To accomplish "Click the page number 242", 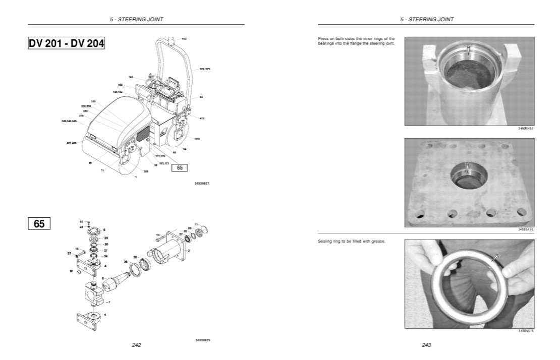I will point(136,345).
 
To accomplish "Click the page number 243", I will point(426,345).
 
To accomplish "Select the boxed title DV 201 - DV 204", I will point(67,44).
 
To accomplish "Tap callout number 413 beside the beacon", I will point(184,39).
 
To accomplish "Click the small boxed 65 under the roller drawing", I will point(179,168).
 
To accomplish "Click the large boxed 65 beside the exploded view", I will point(39,223).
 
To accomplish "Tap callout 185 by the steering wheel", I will point(131,77).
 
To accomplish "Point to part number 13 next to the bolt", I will point(157,235).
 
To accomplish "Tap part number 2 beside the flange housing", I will point(189,250).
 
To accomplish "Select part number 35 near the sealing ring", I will point(125,262).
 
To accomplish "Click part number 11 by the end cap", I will point(197,224).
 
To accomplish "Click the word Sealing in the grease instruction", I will point(324,242).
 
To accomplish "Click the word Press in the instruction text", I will point(324,38).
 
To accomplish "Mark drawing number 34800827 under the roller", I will point(201,183).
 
